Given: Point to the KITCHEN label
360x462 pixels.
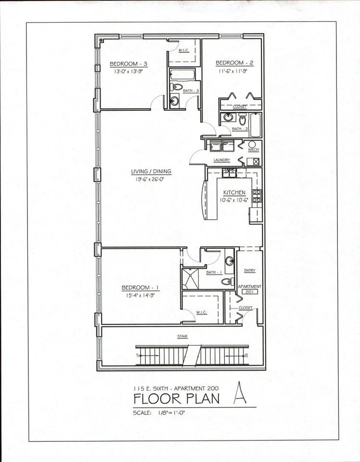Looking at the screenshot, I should pyautogui.click(x=234, y=192).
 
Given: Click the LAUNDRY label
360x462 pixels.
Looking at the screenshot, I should pyautogui.click(x=222, y=160).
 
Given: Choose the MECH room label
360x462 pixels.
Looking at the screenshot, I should pyautogui.click(x=253, y=150).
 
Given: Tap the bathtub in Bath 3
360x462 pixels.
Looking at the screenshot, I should pyautogui.click(x=182, y=75).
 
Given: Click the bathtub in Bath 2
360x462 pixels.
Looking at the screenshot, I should pyautogui.click(x=255, y=124).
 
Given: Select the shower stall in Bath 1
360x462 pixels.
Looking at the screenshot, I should pyautogui.click(x=191, y=278).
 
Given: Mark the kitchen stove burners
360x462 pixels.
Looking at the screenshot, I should pyautogui.click(x=257, y=195).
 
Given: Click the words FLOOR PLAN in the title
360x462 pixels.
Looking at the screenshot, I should pyautogui.click(x=177, y=399).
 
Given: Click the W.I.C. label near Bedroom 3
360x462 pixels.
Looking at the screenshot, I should pyautogui.click(x=183, y=50).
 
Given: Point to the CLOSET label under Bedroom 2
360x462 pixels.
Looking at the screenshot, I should pyautogui.click(x=240, y=106).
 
